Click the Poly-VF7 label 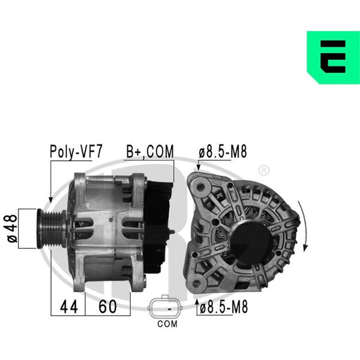tap(76, 152)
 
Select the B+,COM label tap(150, 152)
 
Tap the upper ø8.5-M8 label tap(223, 152)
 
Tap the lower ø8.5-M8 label tap(224, 307)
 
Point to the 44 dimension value tap(68, 307)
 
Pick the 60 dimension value tap(107, 307)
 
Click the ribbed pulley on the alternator tap(52, 229)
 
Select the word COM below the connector tap(167, 324)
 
